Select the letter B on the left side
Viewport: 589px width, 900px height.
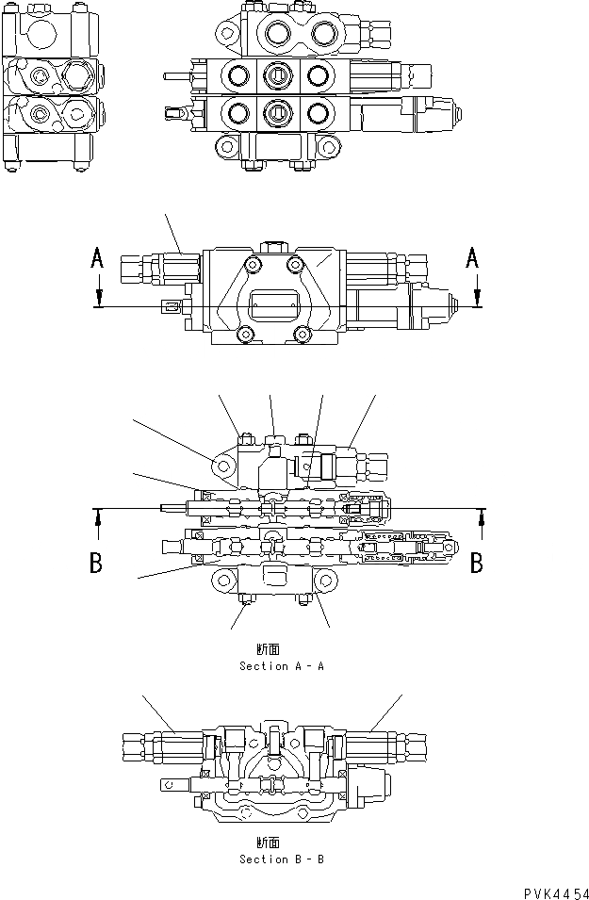(96, 563)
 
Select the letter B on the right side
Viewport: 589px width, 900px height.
(478, 563)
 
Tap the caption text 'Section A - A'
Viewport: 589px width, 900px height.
(282, 666)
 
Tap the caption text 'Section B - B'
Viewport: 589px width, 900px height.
(282, 859)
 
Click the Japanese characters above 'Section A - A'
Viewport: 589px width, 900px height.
(268, 649)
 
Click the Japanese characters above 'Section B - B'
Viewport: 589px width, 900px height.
(268, 843)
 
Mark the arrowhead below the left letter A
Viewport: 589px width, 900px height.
(97, 299)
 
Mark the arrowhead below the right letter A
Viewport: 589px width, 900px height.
(478, 299)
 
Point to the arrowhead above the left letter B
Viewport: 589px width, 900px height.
(97, 516)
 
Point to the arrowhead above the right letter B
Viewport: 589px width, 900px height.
(483, 516)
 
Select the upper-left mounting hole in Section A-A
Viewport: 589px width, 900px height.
(223, 466)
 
